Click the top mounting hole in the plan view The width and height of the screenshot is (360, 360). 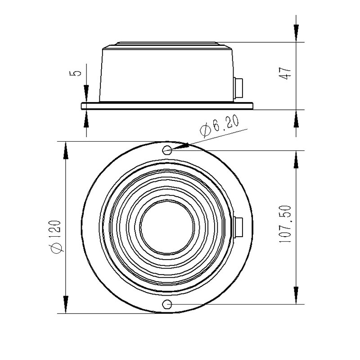[167, 150]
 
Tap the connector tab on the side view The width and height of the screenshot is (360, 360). [239, 88]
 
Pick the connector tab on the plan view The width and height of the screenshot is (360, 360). [239, 226]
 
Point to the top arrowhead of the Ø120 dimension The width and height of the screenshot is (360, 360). [66, 151]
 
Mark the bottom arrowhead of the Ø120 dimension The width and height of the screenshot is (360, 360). [66, 304]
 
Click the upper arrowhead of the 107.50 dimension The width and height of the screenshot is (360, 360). [296, 159]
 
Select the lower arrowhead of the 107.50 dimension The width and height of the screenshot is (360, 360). [296, 295]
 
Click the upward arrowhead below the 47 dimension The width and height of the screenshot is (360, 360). [296, 119]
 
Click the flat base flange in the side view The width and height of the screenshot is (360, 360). [167, 106]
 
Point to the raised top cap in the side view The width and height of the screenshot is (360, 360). [167, 44]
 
